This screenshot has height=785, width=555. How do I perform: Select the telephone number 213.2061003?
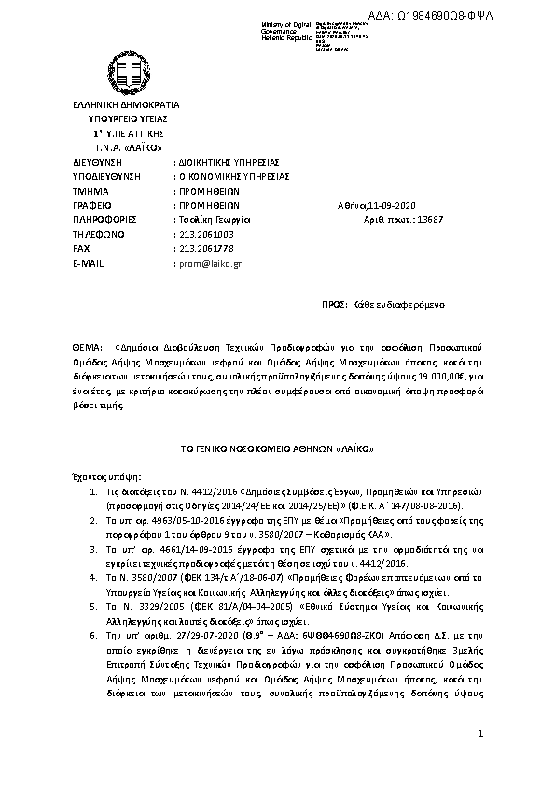pyautogui.click(x=204, y=234)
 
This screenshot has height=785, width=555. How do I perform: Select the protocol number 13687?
pyautogui.click(x=443, y=219)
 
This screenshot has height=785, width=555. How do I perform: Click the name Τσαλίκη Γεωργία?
pyautogui.click(x=210, y=219)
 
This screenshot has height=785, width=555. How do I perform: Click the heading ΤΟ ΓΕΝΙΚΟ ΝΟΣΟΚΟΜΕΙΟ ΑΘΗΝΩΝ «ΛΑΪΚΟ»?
pyautogui.click(x=277, y=448)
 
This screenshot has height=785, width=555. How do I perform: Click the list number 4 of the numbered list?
pyautogui.click(x=93, y=578)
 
